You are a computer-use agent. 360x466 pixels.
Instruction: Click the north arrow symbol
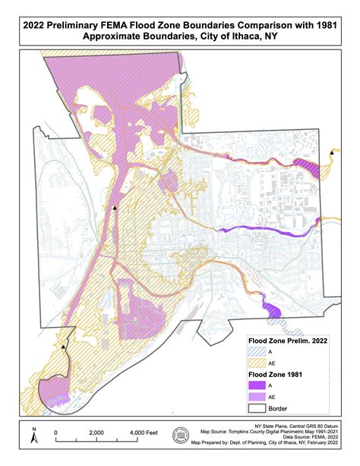(x=33, y=435)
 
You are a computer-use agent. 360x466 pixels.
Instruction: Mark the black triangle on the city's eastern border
(x=332, y=154)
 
